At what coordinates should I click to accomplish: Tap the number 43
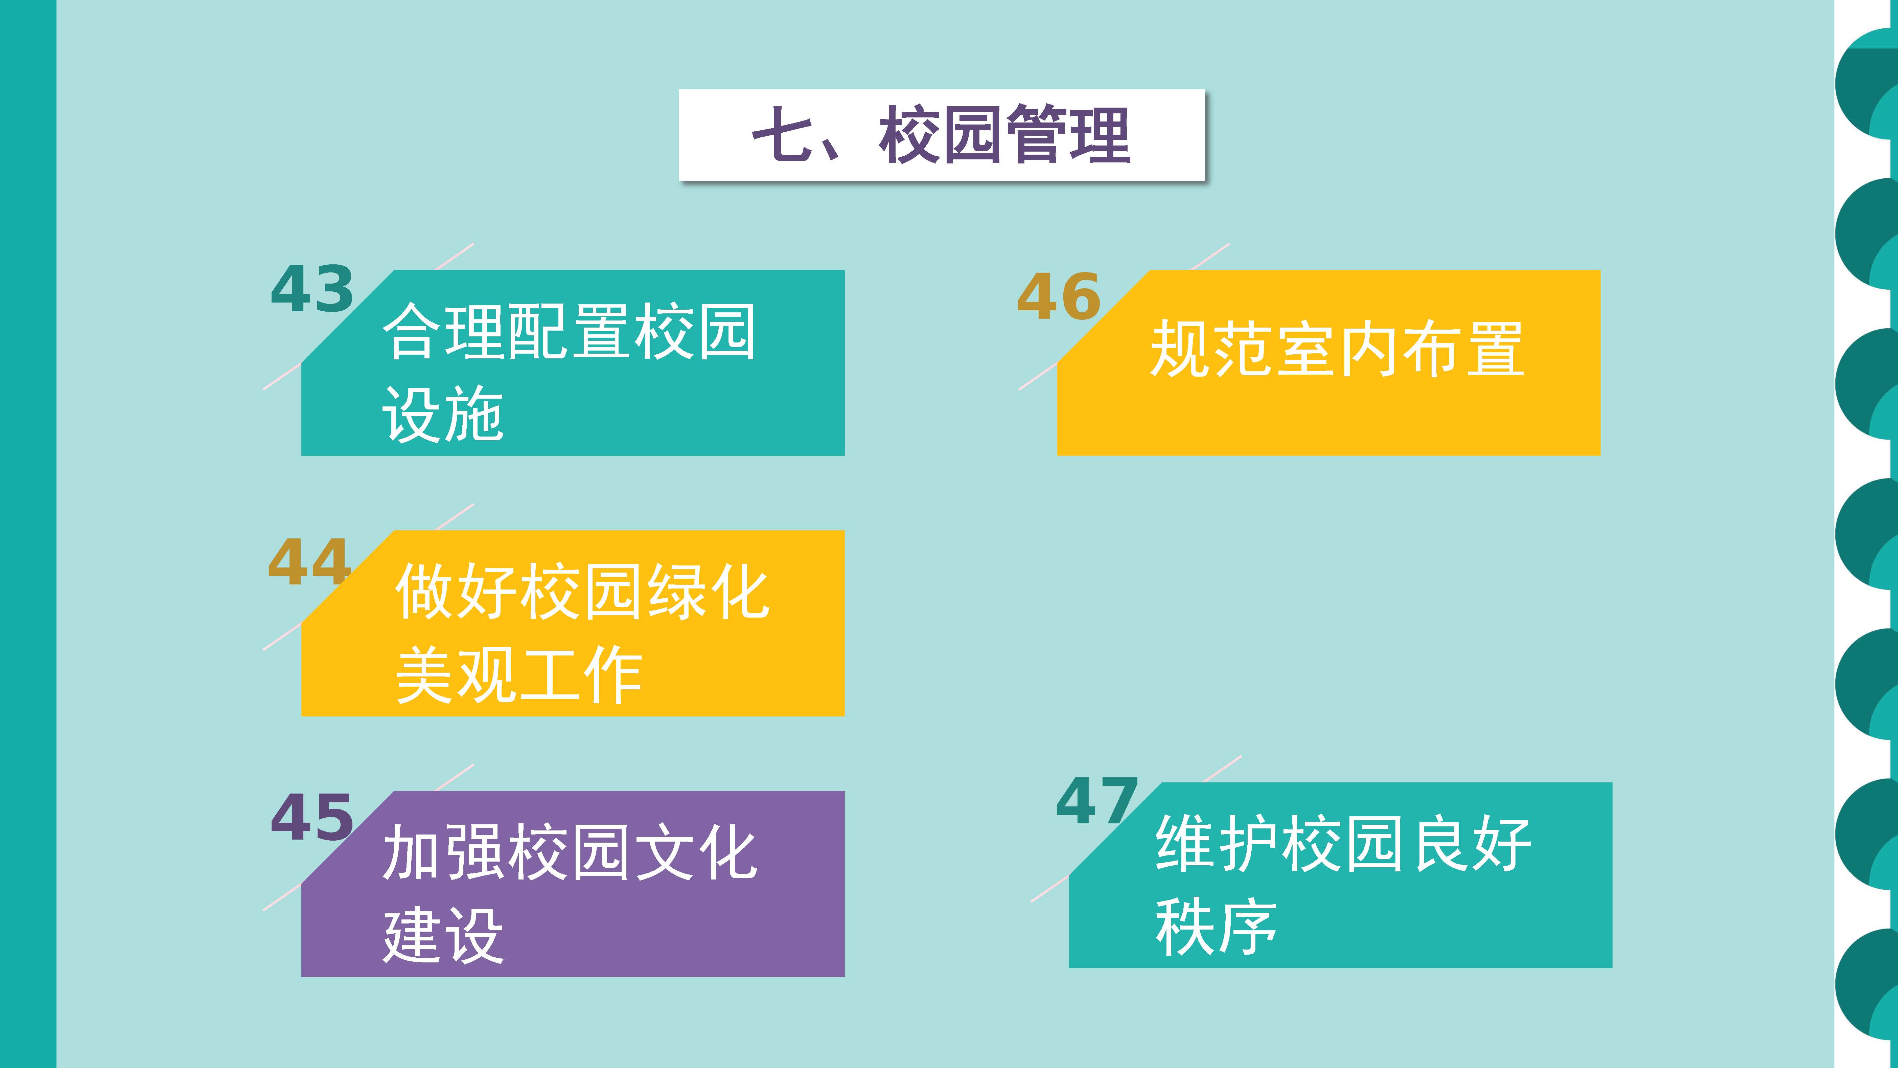pos(313,289)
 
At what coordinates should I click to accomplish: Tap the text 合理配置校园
pos(569,332)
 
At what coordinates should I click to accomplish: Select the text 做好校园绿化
pos(582,592)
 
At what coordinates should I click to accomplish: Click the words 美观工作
pos(519,674)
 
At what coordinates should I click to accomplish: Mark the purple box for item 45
pos(573,884)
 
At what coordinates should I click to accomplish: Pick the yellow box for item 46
pos(1328,363)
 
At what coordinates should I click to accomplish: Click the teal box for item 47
pos(1340,875)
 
